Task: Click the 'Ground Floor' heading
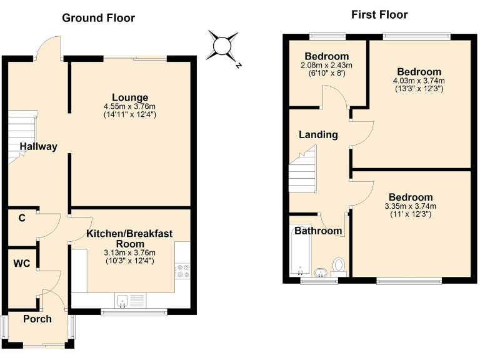[98, 17]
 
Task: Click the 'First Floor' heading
[379, 14]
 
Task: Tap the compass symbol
[222, 46]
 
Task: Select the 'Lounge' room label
[130, 97]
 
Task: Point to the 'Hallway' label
[38, 147]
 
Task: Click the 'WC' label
[22, 263]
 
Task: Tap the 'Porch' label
[37, 319]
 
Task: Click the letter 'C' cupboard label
[22, 218]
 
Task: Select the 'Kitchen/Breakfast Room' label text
[129, 238]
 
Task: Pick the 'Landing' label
[318, 134]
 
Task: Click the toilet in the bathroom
[339, 266]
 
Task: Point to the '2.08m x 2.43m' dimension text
[327, 65]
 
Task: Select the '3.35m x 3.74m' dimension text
[409, 206]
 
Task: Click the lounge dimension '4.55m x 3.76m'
[130, 106]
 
